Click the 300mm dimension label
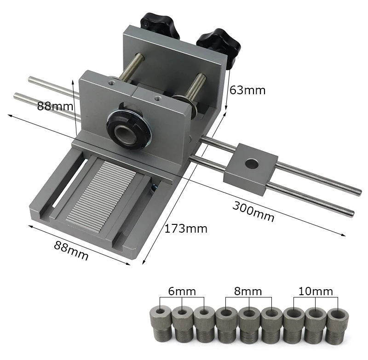(253, 211)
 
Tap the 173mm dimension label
(186, 229)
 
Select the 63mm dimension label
(247, 90)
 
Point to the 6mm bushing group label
(182, 291)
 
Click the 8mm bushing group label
(248, 291)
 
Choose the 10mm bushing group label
(316, 291)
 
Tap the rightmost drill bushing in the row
(337, 326)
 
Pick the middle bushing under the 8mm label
(248, 325)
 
